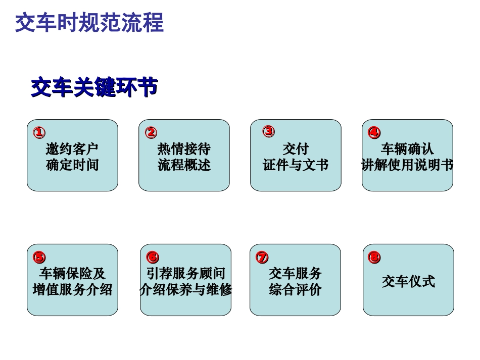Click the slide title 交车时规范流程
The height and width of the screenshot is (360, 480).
[x=89, y=23]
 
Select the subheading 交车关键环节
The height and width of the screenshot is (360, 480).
[x=94, y=87]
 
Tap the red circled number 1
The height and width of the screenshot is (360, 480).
[x=39, y=133]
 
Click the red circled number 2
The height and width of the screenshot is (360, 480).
[x=151, y=133]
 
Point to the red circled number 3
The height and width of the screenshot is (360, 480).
[x=268, y=131]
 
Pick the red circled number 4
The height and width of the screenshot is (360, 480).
[x=374, y=133]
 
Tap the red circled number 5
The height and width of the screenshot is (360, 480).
[x=39, y=257]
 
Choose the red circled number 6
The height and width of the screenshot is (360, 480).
[x=153, y=257]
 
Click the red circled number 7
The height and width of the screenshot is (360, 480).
[x=262, y=257]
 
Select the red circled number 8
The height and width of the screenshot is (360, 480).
[x=374, y=258]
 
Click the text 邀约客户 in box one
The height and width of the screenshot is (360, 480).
[x=72, y=149]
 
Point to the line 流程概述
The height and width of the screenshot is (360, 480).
[x=184, y=165]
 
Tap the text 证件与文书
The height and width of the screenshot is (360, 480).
[x=296, y=165]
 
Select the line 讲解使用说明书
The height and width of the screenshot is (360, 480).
[x=407, y=165]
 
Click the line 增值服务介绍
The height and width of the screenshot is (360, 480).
[x=72, y=290]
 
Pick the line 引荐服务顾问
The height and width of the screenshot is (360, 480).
[x=185, y=274]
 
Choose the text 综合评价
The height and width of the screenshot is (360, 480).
[x=295, y=290]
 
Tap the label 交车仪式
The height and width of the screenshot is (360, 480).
[x=408, y=281]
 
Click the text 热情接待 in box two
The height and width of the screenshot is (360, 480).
[x=184, y=149]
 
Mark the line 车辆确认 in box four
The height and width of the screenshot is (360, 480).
[x=407, y=149]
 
